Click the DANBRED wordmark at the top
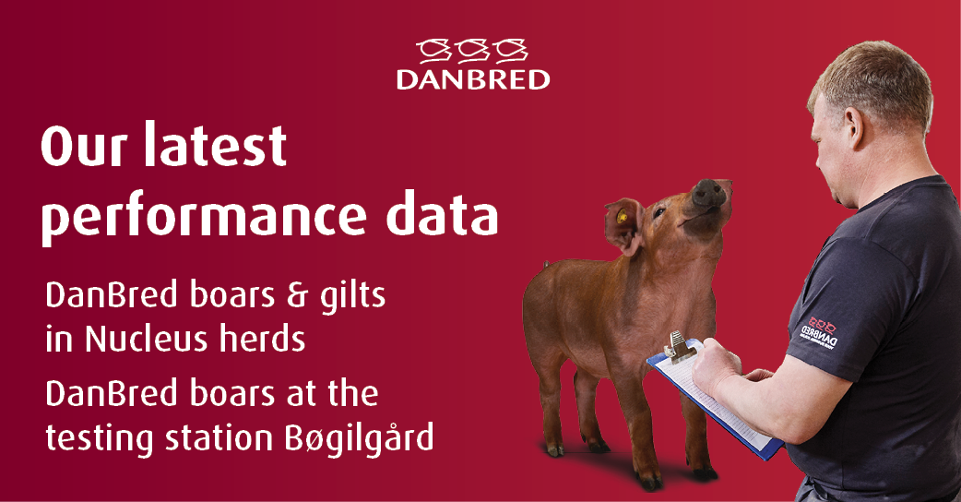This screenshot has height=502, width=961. (473, 78)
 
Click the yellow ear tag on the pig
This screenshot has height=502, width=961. (623, 219)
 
